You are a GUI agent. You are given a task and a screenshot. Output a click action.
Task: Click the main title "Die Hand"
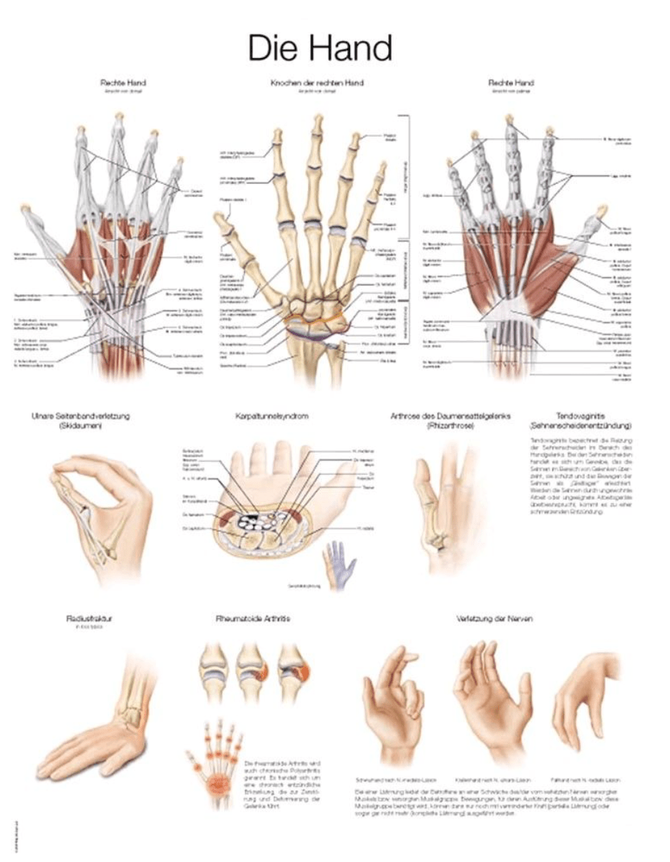pyautogui.click(x=320, y=49)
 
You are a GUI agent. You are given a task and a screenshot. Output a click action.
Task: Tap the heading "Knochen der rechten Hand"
pyautogui.click(x=317, y=83)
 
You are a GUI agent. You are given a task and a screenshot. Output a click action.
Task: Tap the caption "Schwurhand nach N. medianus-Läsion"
pyautogui.click(x=395, y=780)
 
